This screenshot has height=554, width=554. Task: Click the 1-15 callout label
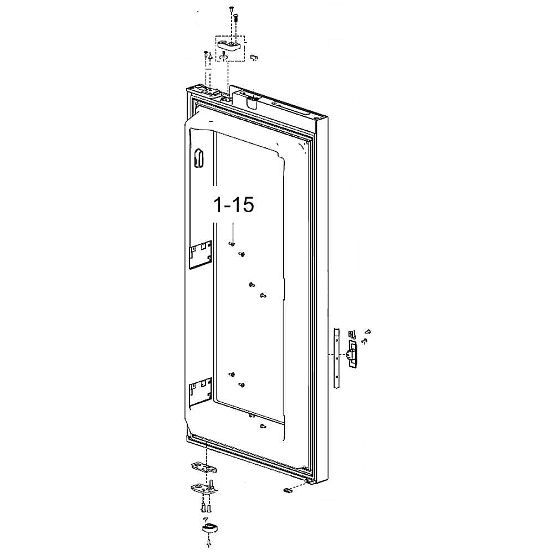coord(234,204)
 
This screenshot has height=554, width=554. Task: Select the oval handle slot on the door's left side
coord(199,157)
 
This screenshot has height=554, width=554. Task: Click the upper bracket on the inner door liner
coord(201,254)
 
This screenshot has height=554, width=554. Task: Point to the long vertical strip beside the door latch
coord(336,357)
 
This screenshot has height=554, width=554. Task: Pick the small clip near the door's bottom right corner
coord(287,490)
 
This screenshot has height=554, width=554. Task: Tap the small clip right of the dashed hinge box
coord(254,57)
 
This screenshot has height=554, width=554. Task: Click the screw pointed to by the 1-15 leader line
coord(233,243)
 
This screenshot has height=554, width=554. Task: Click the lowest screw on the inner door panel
coord(261,426)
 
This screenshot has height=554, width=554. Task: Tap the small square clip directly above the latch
coord(351,334)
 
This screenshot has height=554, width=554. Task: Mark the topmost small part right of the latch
coord(368,331)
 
